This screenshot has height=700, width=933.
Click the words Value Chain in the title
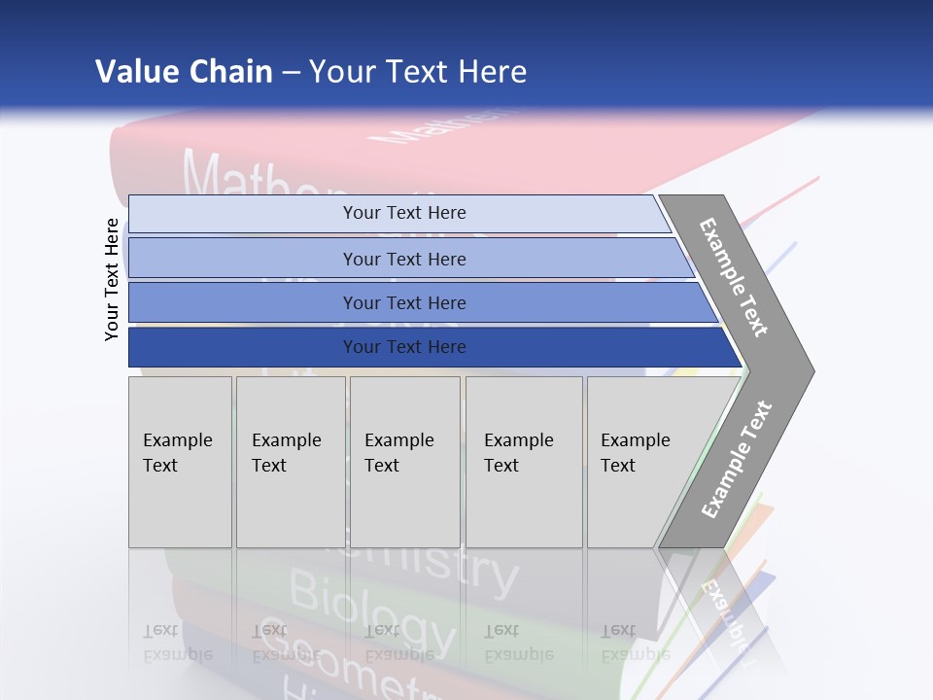click(x=184, y=72)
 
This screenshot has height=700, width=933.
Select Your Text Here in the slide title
click(x=418, y=72)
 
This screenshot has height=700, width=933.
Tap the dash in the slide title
click(x=291, y=73)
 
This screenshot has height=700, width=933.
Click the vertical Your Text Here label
click(x=112, y=279)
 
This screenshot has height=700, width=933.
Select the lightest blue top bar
click(x=403, y=213)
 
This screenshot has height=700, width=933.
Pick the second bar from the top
click(x=403, y=259)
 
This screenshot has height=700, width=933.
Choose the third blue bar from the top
click(x=403, y=302)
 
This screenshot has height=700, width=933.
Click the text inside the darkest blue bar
click(x=403, y=347)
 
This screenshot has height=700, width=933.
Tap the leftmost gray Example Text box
click(x=180, y=461)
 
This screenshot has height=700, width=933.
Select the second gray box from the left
click(x=290, y=461)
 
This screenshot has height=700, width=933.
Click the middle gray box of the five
click(x=404, y=461)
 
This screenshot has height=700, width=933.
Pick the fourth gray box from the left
click(x=524, y=461)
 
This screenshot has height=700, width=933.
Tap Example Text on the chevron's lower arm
click(x=737, y=459)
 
